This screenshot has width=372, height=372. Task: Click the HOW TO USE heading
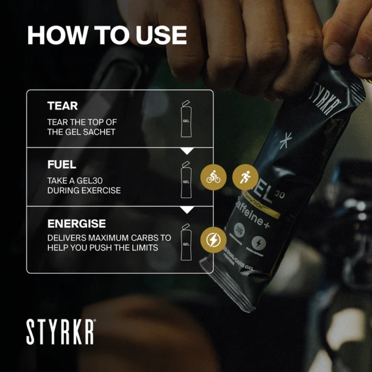click(107, 36)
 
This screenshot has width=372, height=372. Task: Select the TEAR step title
click(63, 106)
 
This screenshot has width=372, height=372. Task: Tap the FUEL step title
click(62, 165)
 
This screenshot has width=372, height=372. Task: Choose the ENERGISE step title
click(76, 224)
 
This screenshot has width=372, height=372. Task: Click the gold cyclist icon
click(213, 178)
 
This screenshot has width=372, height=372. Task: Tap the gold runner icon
click(246, 178)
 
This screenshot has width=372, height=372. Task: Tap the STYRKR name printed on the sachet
click(326, 100)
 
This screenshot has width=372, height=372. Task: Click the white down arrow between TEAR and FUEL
click(187, 151)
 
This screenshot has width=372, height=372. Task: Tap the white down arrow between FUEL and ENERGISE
click(187, 210)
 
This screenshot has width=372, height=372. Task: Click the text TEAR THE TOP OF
click(82, 122)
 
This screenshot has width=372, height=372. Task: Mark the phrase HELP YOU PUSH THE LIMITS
click(103, 248)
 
